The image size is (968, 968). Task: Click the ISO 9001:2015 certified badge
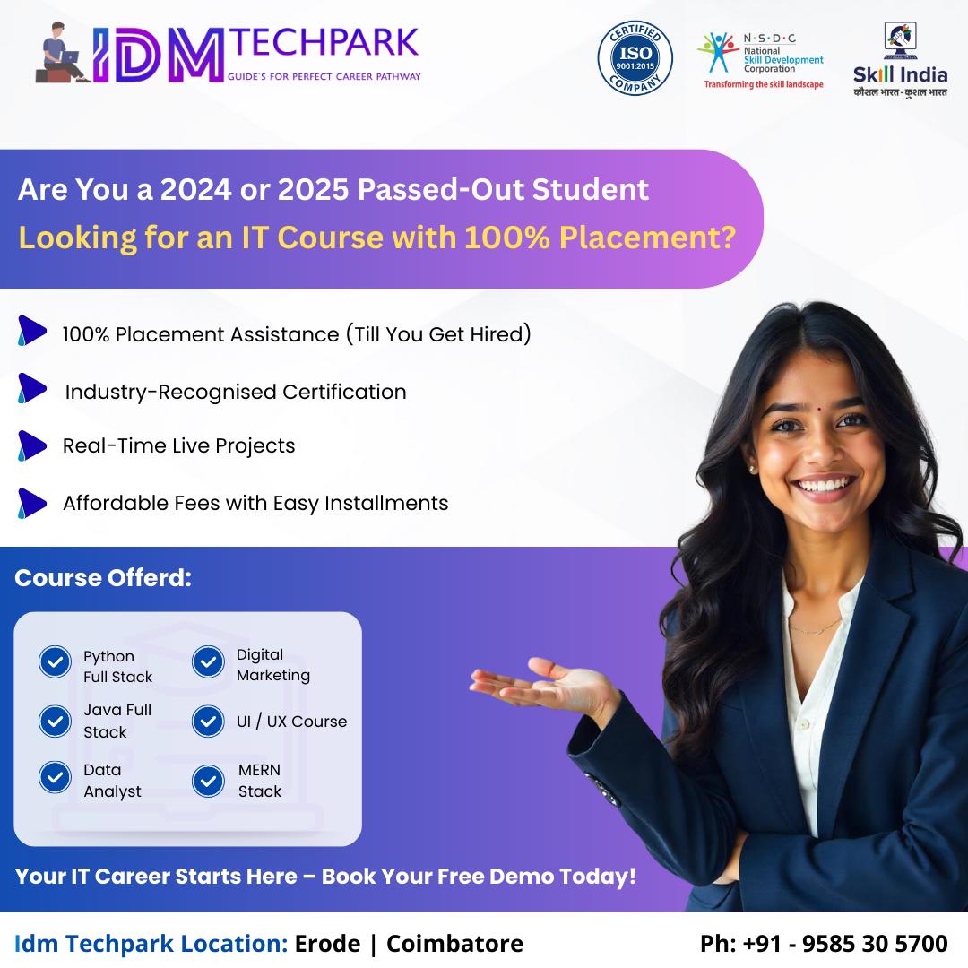pos(635,58)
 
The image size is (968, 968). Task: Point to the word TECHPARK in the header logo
pos(325,43)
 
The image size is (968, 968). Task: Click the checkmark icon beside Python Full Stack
pos(55,661)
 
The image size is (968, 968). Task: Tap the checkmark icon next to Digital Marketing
pos(208,661)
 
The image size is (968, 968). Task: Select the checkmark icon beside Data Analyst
pos(55,776)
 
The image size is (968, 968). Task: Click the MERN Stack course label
pos(259,781)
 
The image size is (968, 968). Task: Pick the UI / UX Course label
pos(291,721)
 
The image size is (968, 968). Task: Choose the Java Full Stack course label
pos(117,721)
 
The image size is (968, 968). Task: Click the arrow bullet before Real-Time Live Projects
pos(32,445)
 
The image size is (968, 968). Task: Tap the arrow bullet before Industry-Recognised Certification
pos(32,388)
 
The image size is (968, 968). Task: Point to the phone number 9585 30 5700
pos(874,943)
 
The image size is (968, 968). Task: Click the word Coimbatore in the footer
pos(454,943)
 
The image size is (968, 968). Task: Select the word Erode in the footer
pos(327,943)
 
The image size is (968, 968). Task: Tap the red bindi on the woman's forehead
pos(817,409)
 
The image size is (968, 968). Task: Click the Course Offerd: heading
pos(103,578)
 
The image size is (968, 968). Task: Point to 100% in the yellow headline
pos(506,237)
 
